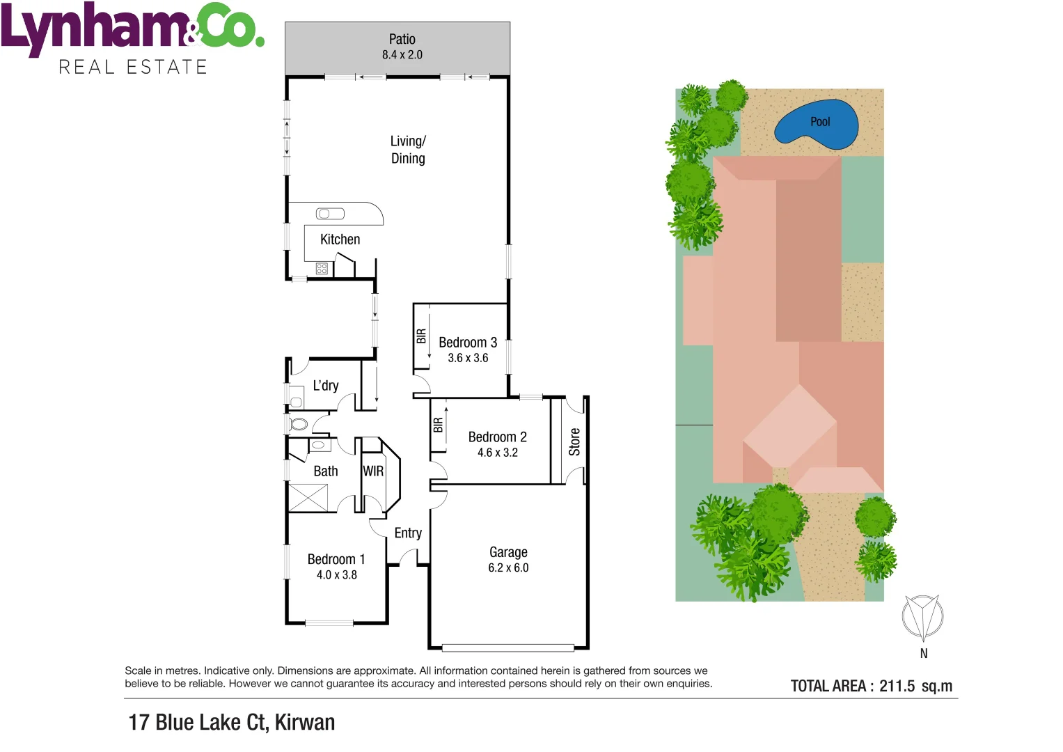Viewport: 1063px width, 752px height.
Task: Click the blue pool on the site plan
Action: click(x=816, y=124)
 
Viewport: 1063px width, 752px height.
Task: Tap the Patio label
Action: click(x=402, y=40)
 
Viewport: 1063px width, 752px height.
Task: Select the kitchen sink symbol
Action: click(x=330, y=214)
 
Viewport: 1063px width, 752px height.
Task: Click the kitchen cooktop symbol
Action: click(x=322, y=268)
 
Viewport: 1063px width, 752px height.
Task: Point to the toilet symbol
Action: click(x=298, y=423)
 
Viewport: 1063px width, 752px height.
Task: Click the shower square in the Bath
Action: click(x=308, y=498)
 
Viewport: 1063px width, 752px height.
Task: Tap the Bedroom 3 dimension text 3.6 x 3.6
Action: click(x=468, y=358)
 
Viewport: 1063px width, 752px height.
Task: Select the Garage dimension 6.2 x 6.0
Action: click(x=508, y=567)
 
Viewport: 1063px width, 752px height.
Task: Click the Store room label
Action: click(x=574, y=441)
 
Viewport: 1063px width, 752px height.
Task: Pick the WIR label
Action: click(x=373, y=471)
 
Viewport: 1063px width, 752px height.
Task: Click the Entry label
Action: click(x=408, y=533)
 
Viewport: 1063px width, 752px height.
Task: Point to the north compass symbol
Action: click(x=922, y=617)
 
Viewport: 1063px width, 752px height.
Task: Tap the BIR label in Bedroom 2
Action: click(x=438, y=425)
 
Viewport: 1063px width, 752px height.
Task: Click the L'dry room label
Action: click(x=325, y=386)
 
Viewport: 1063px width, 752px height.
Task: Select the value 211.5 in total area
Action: click(x=897, y=686)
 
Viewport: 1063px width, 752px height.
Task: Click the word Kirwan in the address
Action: click(x=305, y=722)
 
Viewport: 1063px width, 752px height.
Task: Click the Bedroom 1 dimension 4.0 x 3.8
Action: click(x=336, y=575)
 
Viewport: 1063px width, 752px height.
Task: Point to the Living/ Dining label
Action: click(x=408, y=150)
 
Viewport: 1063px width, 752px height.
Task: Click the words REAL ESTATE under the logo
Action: click(x=133, y=67)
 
